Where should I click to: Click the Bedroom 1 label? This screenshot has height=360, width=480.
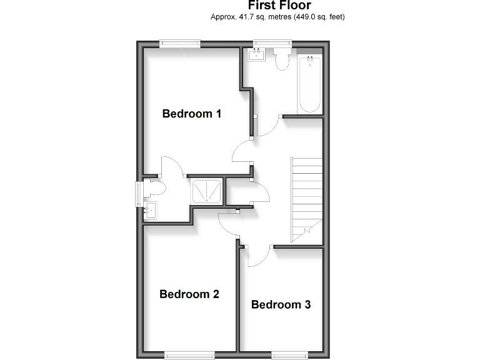[x=192, y=114]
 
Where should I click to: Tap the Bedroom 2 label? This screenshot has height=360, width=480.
[x=189, y=294]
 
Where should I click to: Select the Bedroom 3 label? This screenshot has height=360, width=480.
[x=281, y=305]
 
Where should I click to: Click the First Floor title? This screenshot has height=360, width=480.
[x=279, y=6]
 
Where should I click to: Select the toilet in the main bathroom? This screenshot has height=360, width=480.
[x=282, y=60]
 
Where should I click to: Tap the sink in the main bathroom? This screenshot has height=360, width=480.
[x=257, y=56]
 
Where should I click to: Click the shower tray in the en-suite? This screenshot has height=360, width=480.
[x=206, y=192]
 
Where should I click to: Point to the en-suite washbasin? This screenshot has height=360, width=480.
[x=151, y=210]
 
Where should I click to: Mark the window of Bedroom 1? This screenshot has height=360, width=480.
[x=180, y=43]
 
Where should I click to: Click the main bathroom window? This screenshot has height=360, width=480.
[x=272, y=43]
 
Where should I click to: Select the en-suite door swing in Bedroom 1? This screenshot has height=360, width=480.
[x=172, y=166]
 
